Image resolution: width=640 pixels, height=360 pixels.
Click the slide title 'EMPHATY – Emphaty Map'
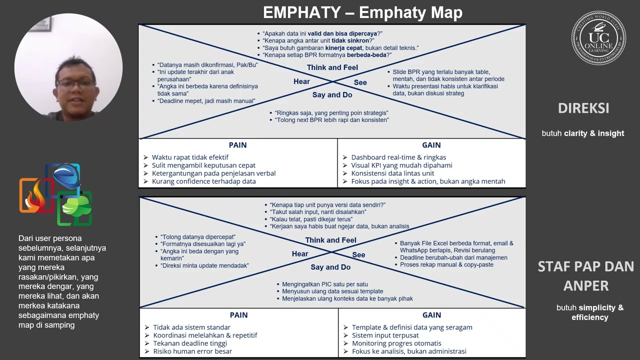coord(362,12)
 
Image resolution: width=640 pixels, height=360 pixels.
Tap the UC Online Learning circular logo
coord(598,37)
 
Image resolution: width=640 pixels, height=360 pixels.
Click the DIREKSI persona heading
coord(583,108)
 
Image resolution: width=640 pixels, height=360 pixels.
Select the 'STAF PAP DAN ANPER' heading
coord(585,276)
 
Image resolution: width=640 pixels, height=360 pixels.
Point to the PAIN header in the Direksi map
coord(237,145)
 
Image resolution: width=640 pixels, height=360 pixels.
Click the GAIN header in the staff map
coord(431,315)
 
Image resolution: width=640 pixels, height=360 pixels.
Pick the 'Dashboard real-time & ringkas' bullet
coord(398,157)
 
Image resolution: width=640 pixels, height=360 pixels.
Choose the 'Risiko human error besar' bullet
coord(192,351)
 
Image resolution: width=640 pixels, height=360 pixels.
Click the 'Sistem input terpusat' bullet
coord(385,335)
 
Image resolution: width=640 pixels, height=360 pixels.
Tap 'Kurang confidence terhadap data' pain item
coord(203,181)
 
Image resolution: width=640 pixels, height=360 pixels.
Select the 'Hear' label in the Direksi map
coord(301,81)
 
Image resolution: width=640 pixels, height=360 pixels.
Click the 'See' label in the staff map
coord(358,255)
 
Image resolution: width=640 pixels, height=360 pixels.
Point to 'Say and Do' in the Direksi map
coord(332,95)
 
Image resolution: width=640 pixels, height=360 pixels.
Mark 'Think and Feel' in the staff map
coord(331,240)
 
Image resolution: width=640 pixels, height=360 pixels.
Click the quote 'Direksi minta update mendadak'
coord(204,265)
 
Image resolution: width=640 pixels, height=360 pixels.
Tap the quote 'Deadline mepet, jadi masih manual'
coord(206,101)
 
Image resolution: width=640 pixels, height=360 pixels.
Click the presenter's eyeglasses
coord(75,84)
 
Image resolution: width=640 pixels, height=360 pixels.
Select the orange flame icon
coord(36,195)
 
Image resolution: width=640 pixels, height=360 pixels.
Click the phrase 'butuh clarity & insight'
coord(583,133)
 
